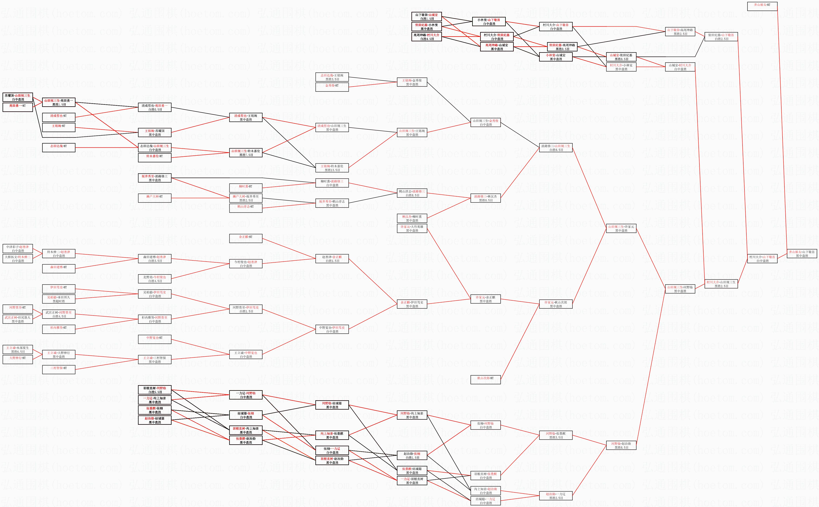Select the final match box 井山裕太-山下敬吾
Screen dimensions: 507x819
pyautogui.click(x=802, y=253)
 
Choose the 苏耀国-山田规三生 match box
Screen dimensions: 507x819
pyautogui.click(x=18, y=97)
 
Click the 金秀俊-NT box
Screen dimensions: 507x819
pyautogui.click(x=332, y=87)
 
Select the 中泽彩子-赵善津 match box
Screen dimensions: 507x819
pyautogui.click(x=18, y=249)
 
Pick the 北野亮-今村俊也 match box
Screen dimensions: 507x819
pyautogui.click(x=155, y=279)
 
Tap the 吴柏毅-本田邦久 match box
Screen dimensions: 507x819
pyautogui.click(x=59, y=299)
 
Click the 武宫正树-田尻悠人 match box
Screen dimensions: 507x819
pyautogui.click(x=18, y=319)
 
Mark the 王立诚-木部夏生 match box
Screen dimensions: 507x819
pyautogui.click(x=18, y=349)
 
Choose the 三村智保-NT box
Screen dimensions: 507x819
pyautogui.click(x=59, y=369)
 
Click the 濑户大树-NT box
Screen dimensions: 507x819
pyautogui.click(x=155, y=198)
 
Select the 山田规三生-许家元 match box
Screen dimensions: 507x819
pyautogui.click(x=621, y=228)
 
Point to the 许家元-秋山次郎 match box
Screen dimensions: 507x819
pyautogui.click(x=556, y=304)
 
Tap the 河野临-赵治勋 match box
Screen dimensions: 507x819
pyautogui.click(x=621, y=445)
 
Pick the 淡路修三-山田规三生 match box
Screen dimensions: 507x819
pyautogui.click(x=556, y=147)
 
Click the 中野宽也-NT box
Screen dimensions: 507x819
pyautogui.click(x=155, y=339)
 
